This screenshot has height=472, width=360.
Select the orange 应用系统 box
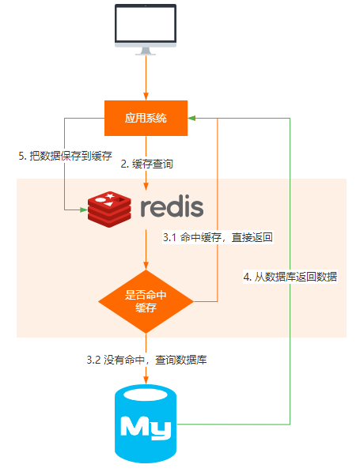146,118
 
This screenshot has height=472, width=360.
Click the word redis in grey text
172,207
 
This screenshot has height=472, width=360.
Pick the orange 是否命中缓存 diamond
146,300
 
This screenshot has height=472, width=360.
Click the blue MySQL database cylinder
146,425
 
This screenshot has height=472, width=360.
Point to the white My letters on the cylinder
146,428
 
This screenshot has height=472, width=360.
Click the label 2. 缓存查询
146,164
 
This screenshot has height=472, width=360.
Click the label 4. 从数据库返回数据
289,277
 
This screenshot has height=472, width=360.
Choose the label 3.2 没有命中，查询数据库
146,360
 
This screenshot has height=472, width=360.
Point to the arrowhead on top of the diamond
146,268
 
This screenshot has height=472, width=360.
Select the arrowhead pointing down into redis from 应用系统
146,186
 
